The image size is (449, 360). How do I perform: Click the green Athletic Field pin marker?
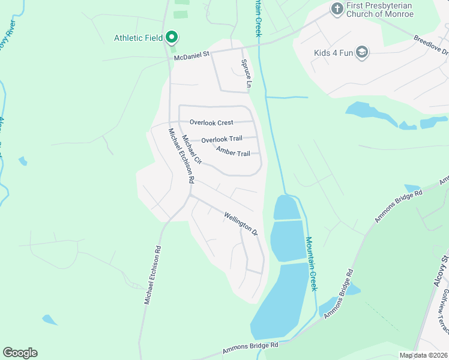171,37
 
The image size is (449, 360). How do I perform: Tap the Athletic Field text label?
139,38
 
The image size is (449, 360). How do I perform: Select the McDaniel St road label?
191,56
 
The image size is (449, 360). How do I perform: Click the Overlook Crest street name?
211,122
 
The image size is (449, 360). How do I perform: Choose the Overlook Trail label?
221,139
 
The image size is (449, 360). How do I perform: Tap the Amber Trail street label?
233,153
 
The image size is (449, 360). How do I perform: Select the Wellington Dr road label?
241,223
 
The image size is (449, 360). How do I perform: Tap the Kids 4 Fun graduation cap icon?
361,53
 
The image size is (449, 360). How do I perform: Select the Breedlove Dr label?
431,45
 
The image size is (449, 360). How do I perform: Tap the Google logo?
20,353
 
